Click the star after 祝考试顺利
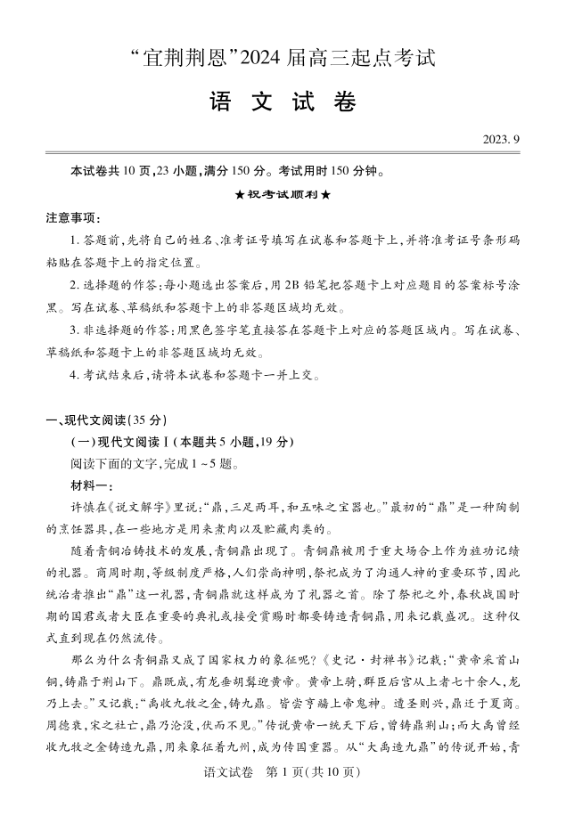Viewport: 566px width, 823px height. coord(325,194)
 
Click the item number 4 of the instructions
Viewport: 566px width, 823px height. coord(74,375)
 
